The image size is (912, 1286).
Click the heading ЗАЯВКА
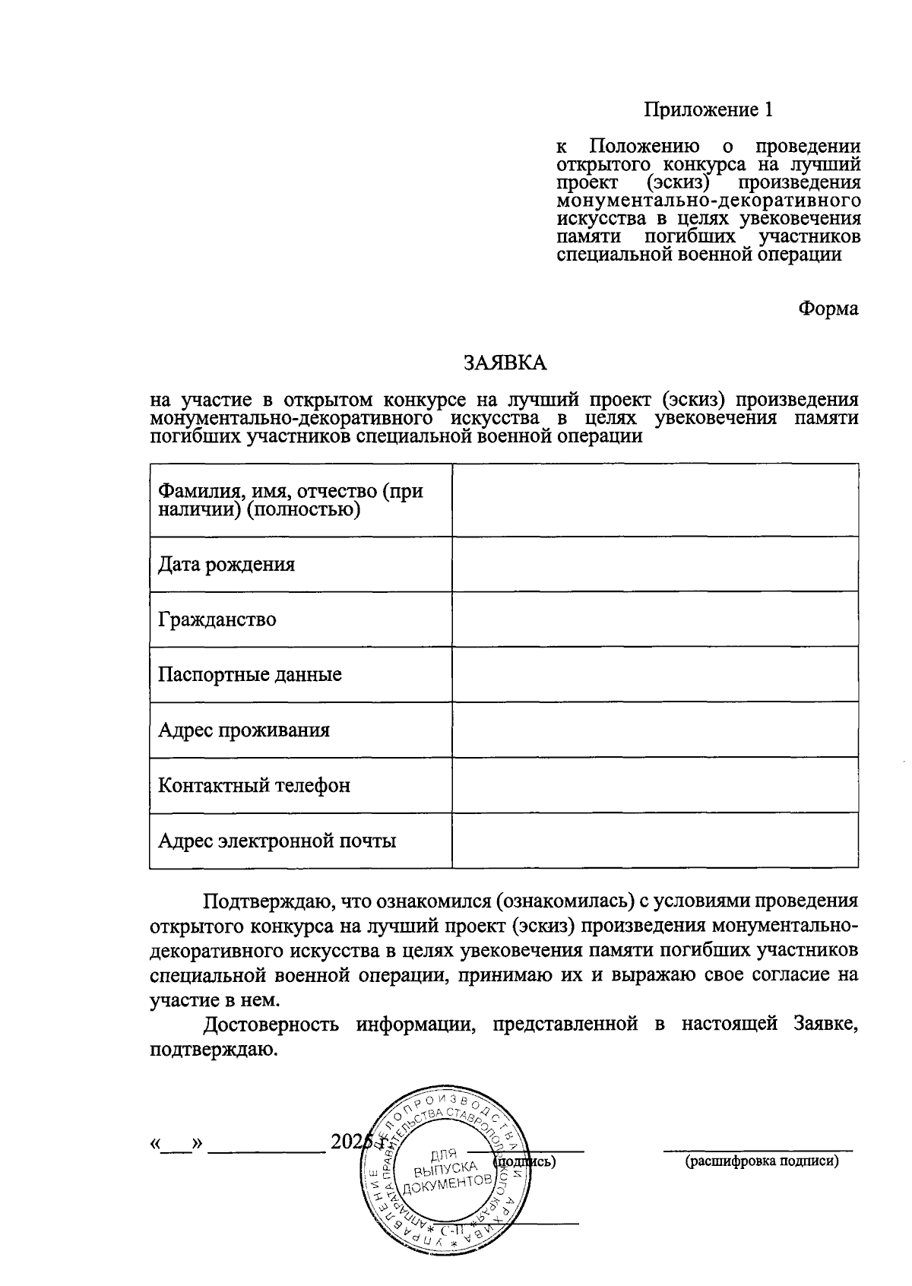click(x=505, y=363)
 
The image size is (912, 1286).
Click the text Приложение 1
click(x=708, y=110)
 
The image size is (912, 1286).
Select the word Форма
click(x=828, y=309)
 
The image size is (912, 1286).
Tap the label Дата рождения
click(x=226, y=564)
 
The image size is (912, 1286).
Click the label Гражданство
click(x=217, y=619)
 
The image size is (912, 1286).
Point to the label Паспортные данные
click(x=249, y=674)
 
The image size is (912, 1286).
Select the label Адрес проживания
click(x=243, y=730)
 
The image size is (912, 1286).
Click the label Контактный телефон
click(x=253, y=785)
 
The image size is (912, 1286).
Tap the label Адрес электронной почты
click(x=277, y=841)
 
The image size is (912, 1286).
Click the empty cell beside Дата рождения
click(x=654, y=564)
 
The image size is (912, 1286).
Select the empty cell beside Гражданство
click(x=654, y=619)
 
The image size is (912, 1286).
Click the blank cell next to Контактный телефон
click(x=654, y=785)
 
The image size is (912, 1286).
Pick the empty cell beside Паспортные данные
click(x=654, y=674)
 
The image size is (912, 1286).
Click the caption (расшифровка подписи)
click(x=762, y=1161)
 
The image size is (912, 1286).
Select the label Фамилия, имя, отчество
click(x=290, y=499)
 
